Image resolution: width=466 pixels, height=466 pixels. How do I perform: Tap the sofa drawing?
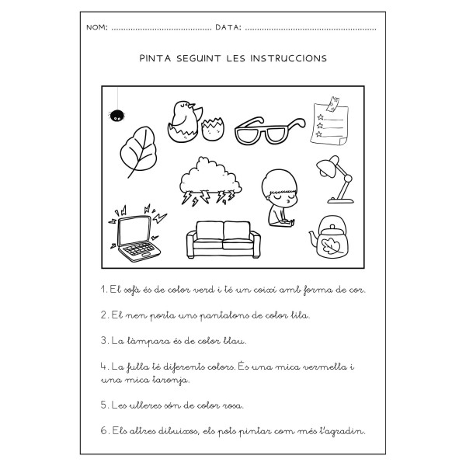pyautogui.click(x=224, y=241)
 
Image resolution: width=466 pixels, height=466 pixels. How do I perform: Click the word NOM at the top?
pyautogui.click(x=98, y=27)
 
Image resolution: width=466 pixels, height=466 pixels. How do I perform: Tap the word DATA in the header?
pyautogui.click(x=228, y=27)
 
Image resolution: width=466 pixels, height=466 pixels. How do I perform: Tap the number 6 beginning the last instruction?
pyautogui.click(x=103, y=431)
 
